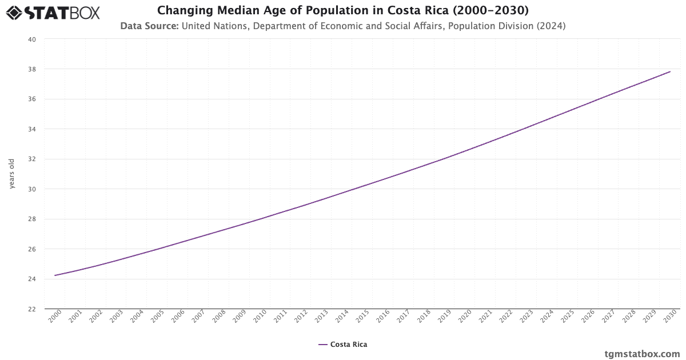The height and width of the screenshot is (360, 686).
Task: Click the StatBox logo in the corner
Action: point(53,12)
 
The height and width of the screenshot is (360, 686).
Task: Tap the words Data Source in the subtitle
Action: point(149,26)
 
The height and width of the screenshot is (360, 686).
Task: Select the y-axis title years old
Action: point(12,174)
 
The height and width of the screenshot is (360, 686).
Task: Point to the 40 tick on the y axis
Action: point(32,39)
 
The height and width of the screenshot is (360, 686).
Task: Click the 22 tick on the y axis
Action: point(32,309)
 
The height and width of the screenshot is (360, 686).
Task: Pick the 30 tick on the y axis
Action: point(32,189)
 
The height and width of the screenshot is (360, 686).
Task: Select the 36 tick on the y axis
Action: point(32,99)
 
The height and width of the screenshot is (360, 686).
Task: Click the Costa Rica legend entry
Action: point(343,345)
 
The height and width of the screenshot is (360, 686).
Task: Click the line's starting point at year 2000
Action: point(55,275)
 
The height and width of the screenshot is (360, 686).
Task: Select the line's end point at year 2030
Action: point(670,71)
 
